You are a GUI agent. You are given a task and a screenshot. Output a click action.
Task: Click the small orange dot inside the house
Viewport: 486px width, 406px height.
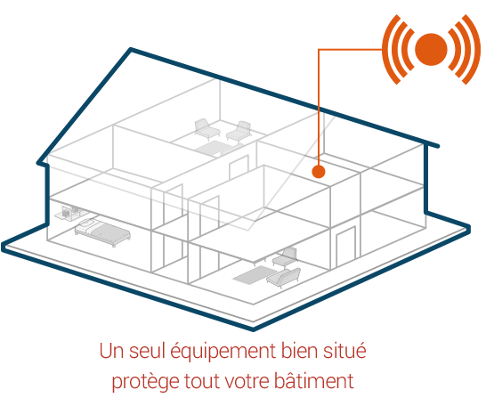319,171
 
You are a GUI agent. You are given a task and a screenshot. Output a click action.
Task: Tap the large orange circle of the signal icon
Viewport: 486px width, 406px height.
431,49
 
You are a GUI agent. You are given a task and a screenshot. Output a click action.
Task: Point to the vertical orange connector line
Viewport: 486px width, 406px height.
319,107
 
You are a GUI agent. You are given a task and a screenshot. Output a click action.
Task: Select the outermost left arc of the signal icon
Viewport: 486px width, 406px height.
389,49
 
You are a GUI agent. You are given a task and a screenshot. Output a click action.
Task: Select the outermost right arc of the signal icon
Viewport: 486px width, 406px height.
474,49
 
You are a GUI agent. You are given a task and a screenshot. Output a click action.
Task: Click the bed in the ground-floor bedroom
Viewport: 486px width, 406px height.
102,231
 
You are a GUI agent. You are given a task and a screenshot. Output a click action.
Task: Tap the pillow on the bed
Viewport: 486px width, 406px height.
88,223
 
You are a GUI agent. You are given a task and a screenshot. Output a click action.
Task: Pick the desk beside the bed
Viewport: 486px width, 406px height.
69,213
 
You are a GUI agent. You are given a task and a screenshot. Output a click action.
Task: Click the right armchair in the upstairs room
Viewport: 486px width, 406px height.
239,132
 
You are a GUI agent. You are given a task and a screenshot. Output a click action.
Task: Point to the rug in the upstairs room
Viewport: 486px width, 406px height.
214,148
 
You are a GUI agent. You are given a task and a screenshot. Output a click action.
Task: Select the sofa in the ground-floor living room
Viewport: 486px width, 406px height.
283,278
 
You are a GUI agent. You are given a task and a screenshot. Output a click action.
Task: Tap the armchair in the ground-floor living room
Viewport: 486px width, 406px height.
285,258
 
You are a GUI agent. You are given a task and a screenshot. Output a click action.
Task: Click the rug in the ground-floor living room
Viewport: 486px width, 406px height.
255,274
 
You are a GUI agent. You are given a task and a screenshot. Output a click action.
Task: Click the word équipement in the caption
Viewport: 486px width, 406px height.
223,352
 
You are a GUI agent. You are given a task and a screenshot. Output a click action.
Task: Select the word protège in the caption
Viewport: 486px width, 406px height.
145,382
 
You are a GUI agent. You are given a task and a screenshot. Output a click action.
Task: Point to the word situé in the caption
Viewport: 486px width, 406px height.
344,350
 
